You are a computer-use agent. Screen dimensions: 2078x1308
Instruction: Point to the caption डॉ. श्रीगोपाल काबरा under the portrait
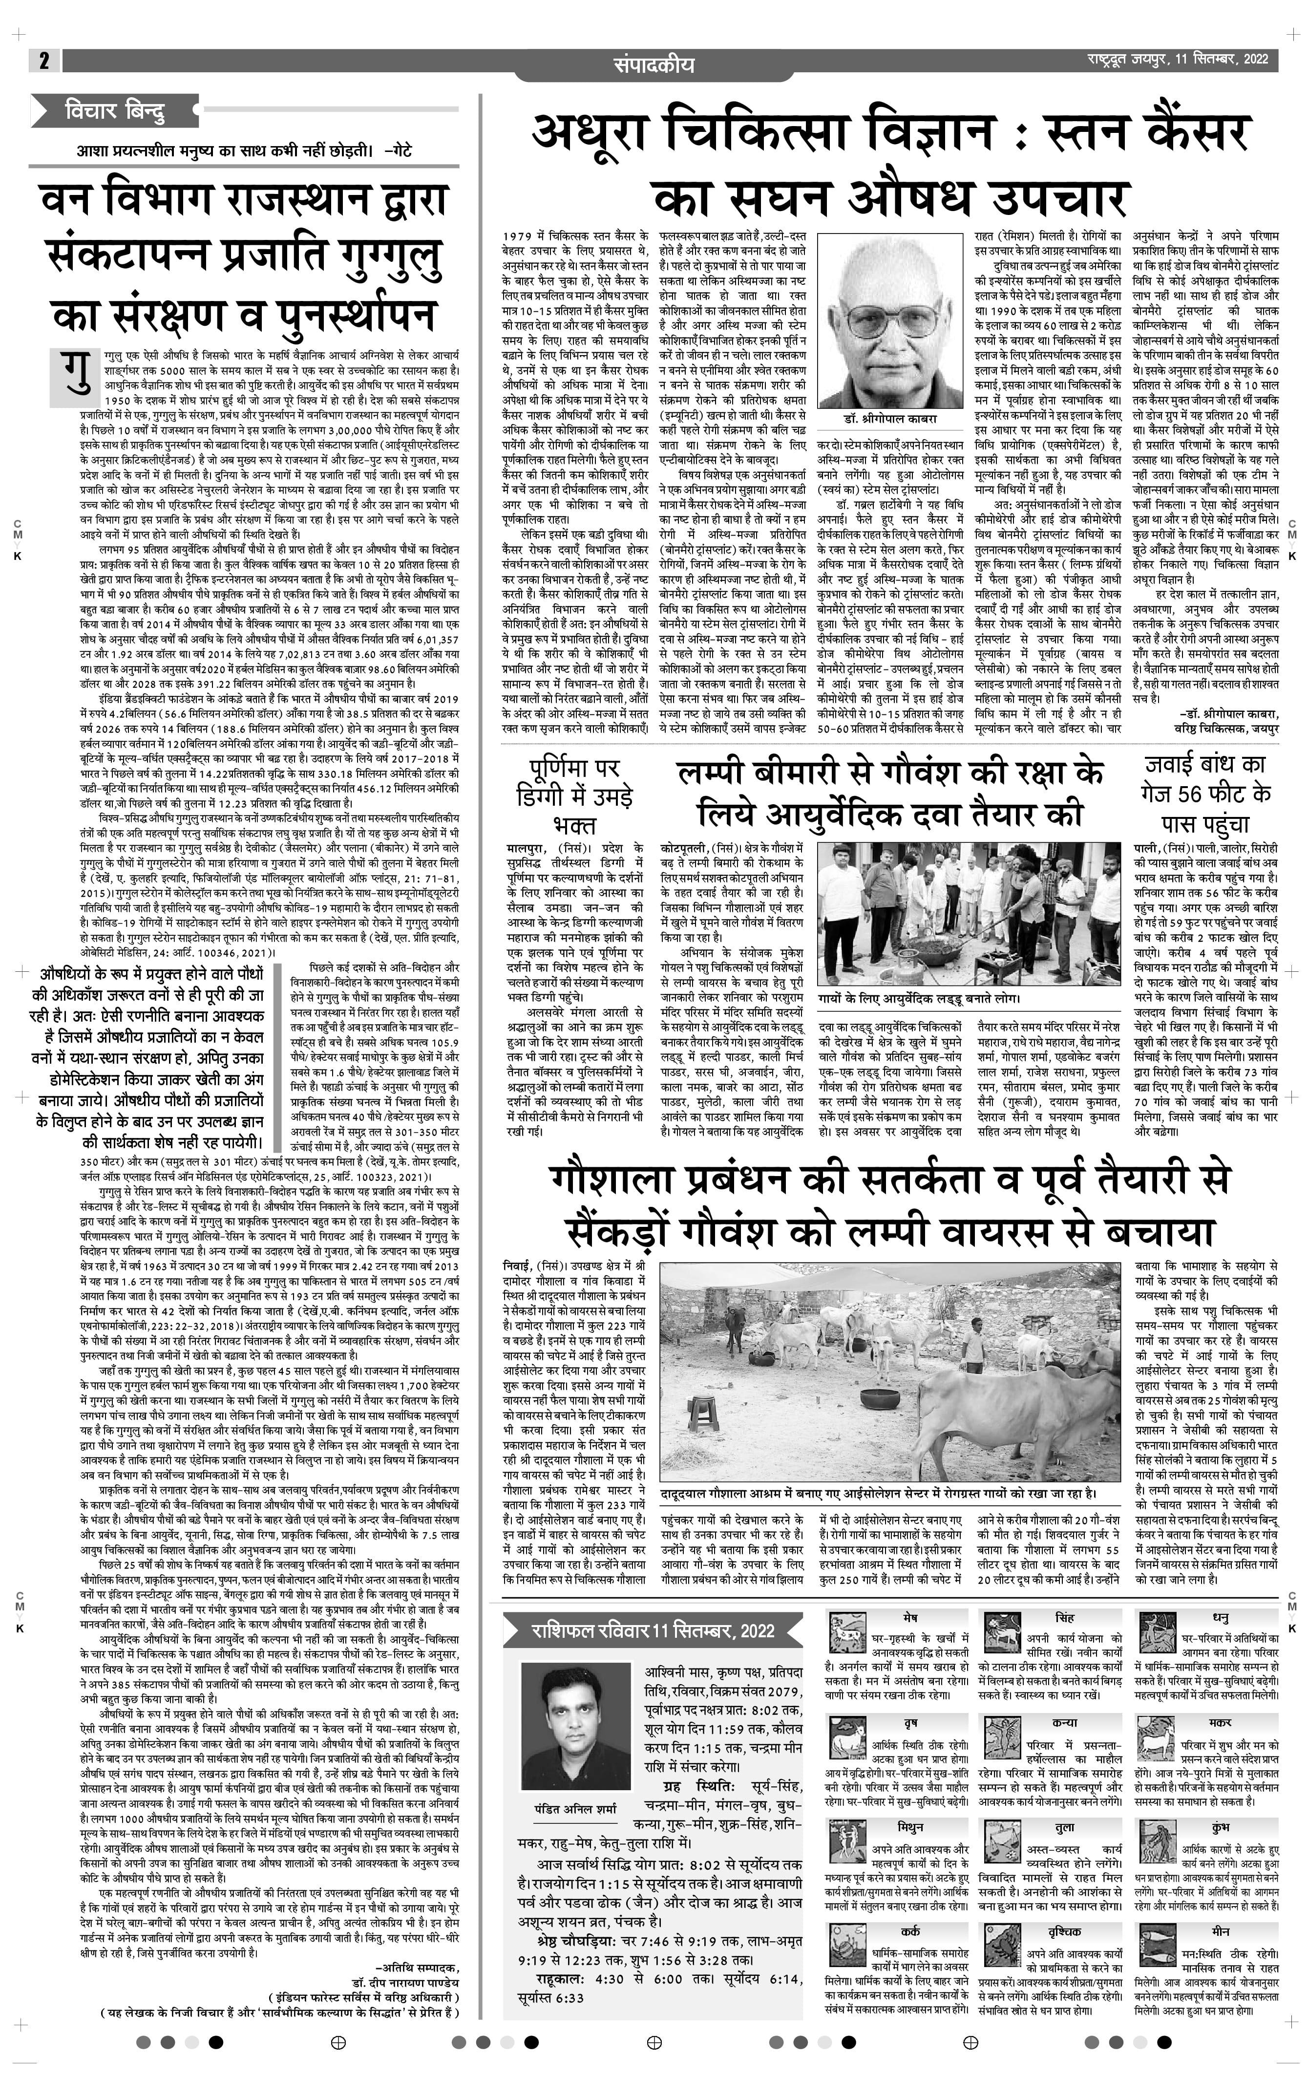(888, 419)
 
